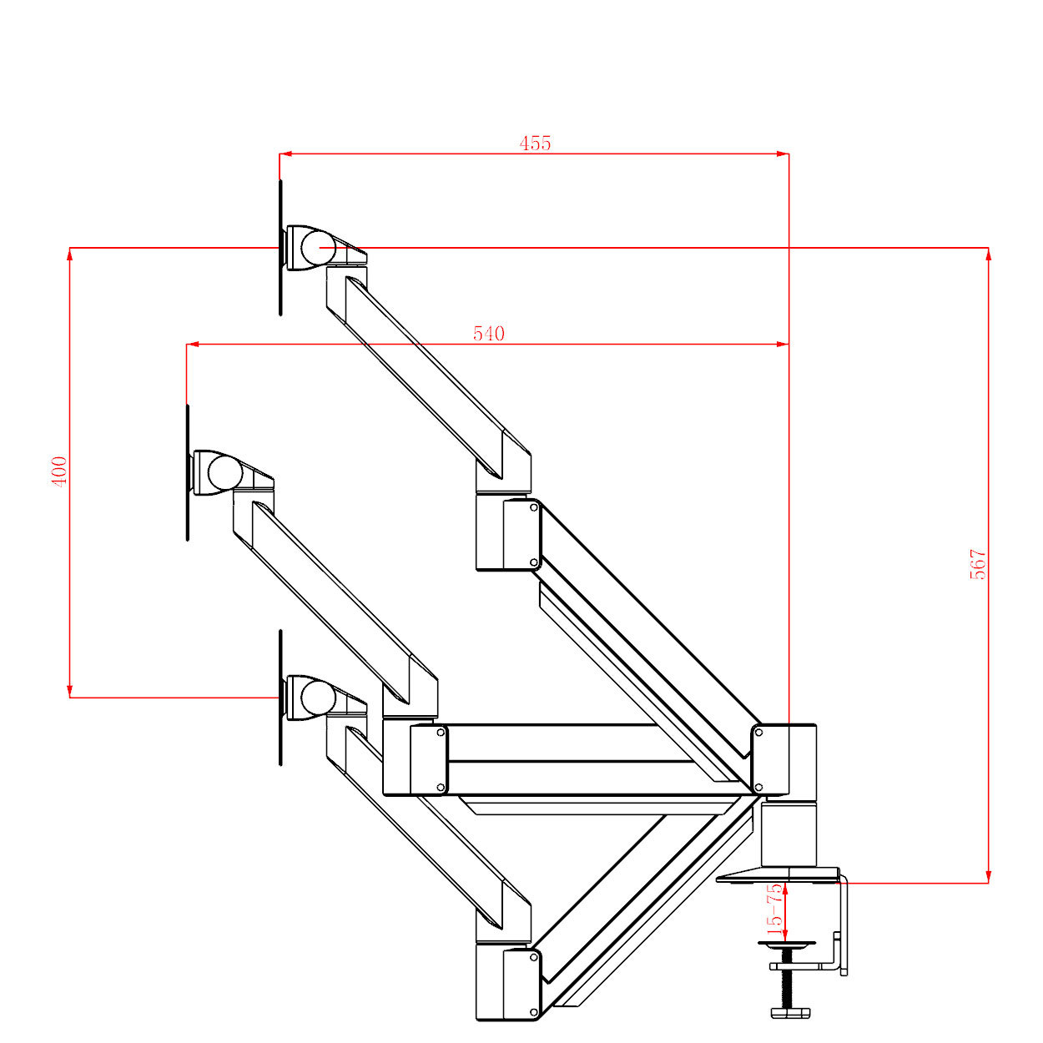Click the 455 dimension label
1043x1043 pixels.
535,144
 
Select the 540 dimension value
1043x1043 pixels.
489,334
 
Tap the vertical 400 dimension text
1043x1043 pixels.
59,471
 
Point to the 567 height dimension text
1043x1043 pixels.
978,564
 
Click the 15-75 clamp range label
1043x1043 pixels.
775,909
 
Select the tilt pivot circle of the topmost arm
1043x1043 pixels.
319,248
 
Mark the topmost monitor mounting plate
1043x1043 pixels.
280,248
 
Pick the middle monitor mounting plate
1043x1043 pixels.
187,473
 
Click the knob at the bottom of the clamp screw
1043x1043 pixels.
789,1013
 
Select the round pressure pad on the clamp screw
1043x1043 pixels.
787,945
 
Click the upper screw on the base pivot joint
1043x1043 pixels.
758,732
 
